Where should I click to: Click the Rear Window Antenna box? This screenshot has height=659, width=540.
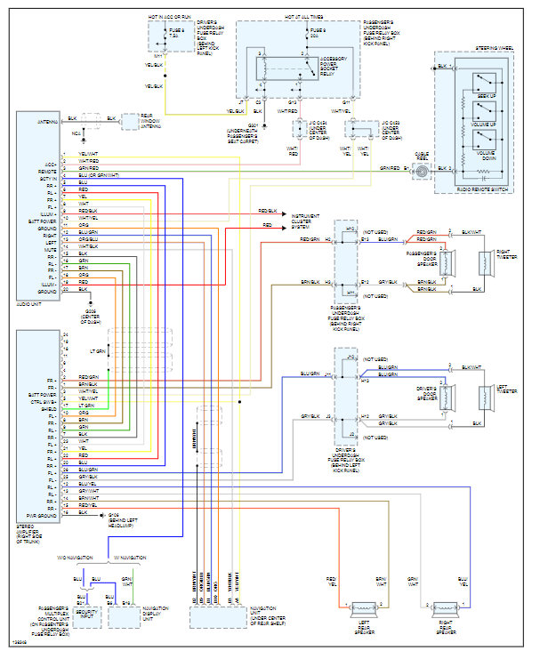tap(132, 120)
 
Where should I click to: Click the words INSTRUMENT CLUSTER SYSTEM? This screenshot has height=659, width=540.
tap(306, 221)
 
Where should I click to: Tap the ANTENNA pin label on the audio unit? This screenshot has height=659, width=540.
tap(47, 121)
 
